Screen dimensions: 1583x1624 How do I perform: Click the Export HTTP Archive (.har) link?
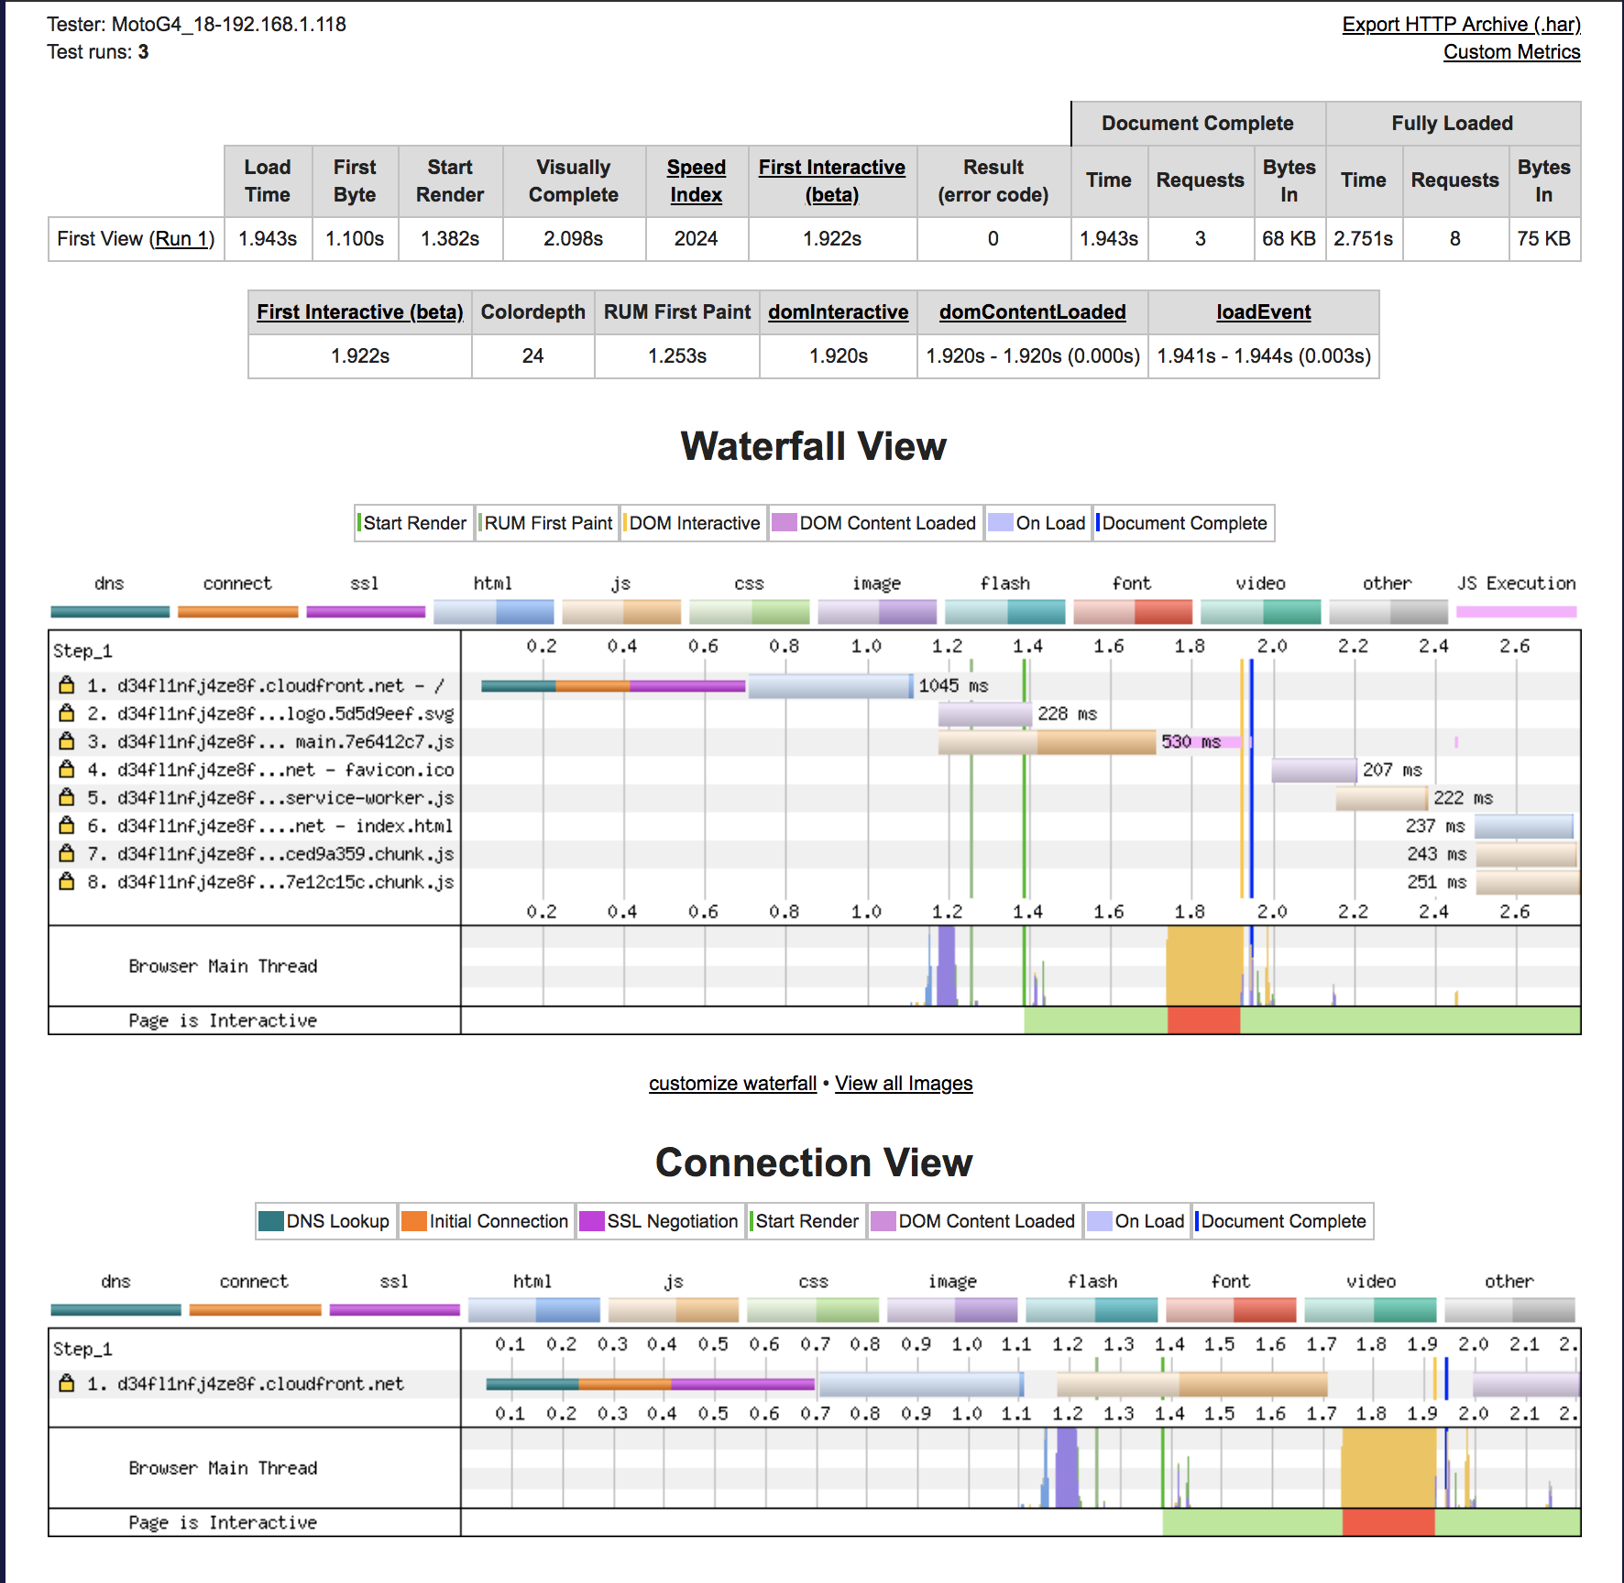click(x=1461, y=25)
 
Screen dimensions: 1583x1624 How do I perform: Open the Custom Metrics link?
click(x=1511, y=52)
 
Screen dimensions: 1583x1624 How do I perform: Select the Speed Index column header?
click(x=696, y=180)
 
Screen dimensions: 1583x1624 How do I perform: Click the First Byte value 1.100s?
click(x=355, y=239)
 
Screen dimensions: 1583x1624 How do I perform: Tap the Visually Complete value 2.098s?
click(x=573, y=239)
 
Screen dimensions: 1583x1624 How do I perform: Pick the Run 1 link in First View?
click(x=183, y=239)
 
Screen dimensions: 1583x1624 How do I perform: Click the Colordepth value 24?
click(x=532, y=356)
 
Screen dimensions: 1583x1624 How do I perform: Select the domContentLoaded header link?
click(x=1032, y=312)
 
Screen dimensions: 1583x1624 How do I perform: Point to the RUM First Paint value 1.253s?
click(x=676, y=356)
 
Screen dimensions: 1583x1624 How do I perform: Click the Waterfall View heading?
click(x=813, y=446)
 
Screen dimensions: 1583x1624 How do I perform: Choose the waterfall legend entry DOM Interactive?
click(x=694, y=523)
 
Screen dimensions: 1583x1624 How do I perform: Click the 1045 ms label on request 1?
click(x=953, y=686)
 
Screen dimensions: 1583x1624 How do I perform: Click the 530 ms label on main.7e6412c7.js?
click(x=1191, y=742)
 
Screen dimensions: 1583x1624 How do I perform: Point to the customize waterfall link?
click(x=732, y=1084)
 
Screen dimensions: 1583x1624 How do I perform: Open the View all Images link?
click(x=904, y=1084)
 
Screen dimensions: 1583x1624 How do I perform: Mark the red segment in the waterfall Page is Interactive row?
click(x=1203, y=1021)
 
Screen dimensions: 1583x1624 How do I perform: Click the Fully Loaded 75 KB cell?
click(x=1543, y=239)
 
